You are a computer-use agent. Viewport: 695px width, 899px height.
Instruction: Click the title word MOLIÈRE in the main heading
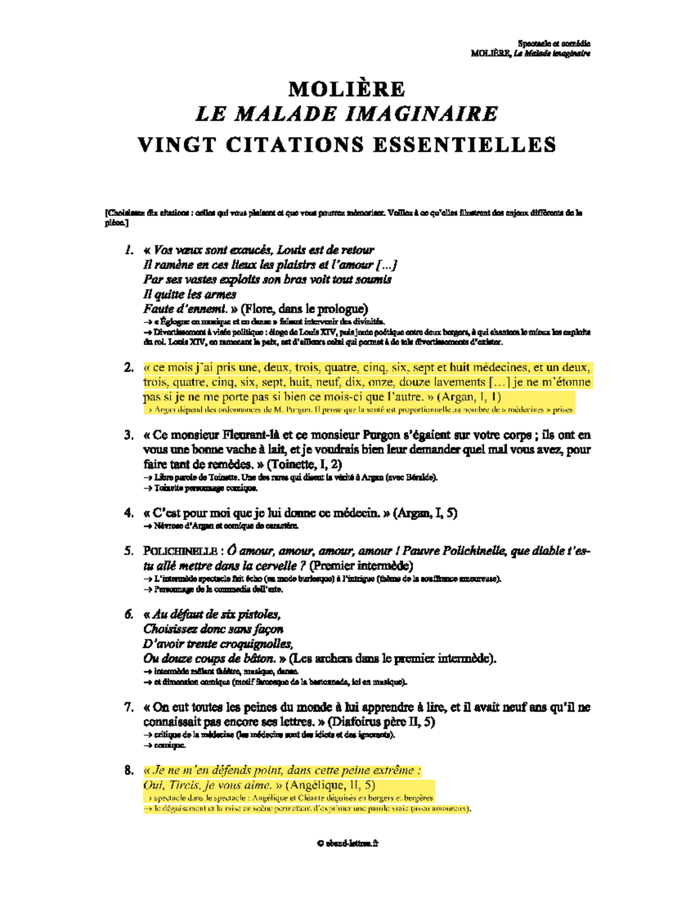[347, 89]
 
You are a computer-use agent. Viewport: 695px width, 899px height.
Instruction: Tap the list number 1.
[129, 250]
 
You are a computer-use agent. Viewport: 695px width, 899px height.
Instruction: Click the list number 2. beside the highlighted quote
[129, 368]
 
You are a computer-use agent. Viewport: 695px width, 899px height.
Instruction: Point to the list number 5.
[129, 551]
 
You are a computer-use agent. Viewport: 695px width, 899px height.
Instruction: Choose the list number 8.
[129, 770]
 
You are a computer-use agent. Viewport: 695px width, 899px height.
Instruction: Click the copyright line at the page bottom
[348, 843]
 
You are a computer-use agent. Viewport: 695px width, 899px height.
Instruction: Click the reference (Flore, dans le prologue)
[304, 309]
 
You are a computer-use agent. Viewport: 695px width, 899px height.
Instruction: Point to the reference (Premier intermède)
[361, 566]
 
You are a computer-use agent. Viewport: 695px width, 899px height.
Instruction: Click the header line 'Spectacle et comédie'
[554, 43]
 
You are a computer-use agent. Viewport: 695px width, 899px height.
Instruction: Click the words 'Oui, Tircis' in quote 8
[171, 786]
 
